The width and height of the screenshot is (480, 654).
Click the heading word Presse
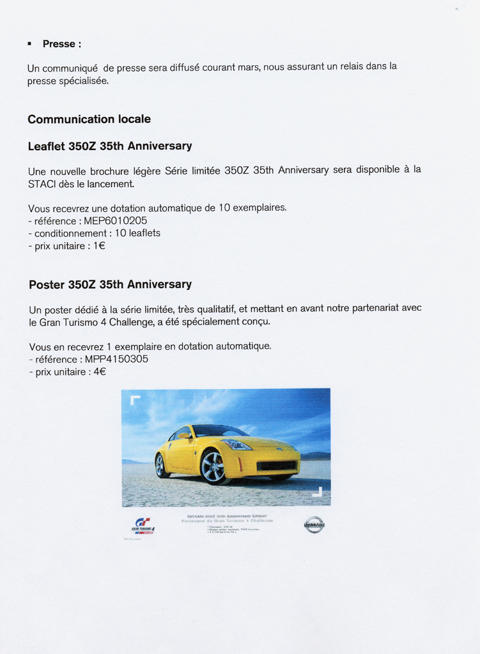(x=59, y=44)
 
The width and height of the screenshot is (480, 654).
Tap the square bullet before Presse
(x=29, y=43)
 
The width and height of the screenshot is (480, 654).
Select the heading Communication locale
(x=89, y=119)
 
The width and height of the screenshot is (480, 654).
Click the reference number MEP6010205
(x=116, y=220)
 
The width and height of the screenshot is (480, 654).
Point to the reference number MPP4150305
(x=116, y=359)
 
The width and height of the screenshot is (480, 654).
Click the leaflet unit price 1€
(x=99, y=246)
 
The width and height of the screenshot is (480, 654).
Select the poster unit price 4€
(x=100, y=372)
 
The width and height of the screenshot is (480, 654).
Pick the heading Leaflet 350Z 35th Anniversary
(x=110, y=146)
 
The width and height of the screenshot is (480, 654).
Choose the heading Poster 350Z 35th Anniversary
(x=110, y=284)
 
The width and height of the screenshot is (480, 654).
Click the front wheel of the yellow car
(x=213, y=467)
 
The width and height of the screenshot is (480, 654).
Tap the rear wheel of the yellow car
(x=161, y=465)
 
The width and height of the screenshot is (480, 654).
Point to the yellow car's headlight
(x=237, y=445)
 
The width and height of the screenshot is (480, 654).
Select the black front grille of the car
(x=276, y=466)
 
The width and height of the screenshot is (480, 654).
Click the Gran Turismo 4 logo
(x=143, y=526)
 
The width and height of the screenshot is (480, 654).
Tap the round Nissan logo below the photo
(x=314, y=524)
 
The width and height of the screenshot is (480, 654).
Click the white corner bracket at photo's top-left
(x=134, y=400)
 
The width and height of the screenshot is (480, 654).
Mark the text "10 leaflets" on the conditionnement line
(x=137, y=233)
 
